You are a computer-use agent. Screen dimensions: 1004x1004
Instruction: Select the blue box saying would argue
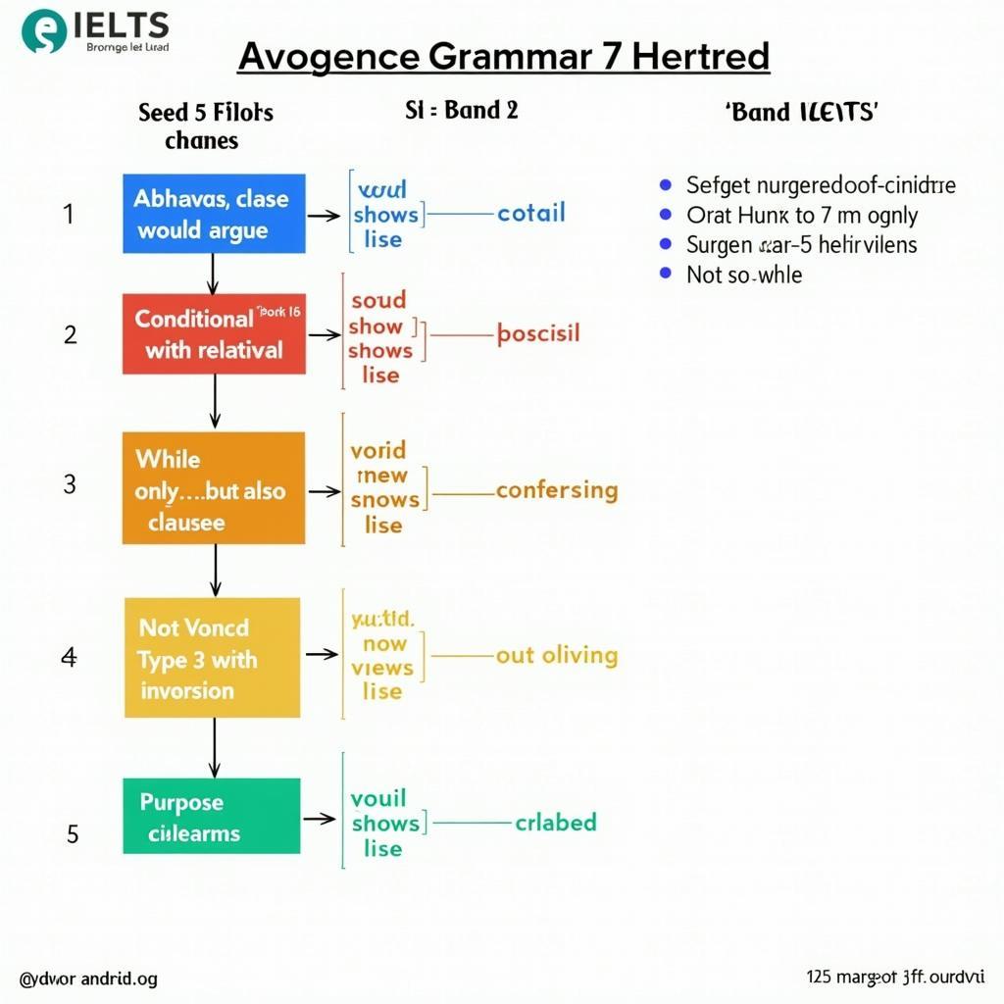(214, 215)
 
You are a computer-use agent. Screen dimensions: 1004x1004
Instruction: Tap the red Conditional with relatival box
(214, 333)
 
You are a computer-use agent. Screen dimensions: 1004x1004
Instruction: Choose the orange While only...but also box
(214, 489)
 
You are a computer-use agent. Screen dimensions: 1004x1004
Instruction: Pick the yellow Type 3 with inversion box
(213, 658)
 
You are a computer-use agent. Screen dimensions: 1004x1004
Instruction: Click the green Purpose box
(212, 816)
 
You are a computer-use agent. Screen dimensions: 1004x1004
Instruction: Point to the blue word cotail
(530, 213)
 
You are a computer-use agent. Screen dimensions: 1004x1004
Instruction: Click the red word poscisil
(538, 333)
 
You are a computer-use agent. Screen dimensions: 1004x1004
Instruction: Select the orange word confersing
(557, 490)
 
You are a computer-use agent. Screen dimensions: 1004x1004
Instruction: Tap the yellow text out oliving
(557, 655)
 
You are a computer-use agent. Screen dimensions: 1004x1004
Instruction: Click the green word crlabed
(555, 822)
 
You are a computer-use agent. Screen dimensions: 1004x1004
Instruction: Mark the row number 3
(70, 484)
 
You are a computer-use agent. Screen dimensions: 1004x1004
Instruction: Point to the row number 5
(73, 833)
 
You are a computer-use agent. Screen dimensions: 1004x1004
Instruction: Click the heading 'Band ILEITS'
(801, 112)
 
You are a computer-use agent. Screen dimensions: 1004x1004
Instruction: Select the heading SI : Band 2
(461, 110)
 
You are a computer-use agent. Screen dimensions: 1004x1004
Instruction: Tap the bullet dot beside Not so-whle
(667, 274)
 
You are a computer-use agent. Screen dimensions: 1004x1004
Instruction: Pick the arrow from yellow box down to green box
(214, 747)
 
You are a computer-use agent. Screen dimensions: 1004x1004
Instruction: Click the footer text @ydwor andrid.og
(87, 979)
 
